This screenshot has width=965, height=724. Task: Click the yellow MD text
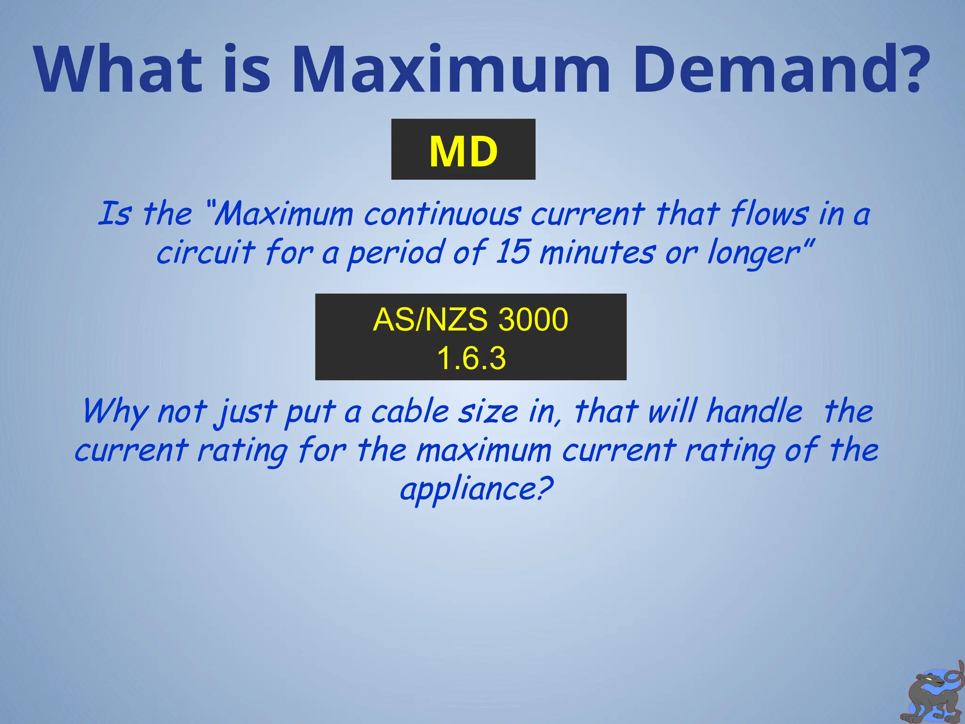(x=463, y=151)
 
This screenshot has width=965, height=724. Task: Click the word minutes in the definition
(x=597, y=253)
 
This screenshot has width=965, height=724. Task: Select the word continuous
(x=442, y=214)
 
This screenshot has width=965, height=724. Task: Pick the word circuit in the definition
(x=205, y=252)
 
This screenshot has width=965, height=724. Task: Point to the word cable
(x=410, y=411)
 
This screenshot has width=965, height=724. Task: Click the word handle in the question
(x=754, y=411)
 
